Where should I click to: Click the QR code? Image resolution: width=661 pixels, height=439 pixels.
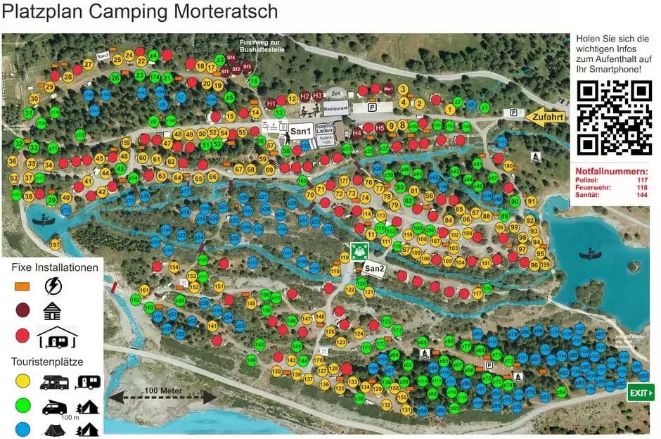(x=614, y=118)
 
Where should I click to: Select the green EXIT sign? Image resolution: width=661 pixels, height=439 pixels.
(x=640, y=393)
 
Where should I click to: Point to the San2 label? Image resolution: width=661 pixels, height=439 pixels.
(x=373, y=269)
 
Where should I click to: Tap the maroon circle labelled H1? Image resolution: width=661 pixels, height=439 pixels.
(x=271, y=103)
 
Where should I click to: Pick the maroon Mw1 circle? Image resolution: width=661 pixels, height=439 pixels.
(x=387, y=89)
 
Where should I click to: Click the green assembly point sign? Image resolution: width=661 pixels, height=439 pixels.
(x=360, y=250)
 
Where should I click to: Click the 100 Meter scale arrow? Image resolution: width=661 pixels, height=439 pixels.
(x=161, y=396)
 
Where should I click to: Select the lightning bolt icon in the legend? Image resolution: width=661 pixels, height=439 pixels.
(x=53, y=286)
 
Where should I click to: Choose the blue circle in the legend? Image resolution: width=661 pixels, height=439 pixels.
(x=23, y=428)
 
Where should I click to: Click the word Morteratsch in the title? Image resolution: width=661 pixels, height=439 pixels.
(x=219, y=12)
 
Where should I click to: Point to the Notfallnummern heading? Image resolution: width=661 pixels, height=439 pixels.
(x=611, y=171)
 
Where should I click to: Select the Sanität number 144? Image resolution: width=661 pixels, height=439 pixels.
(x=641, y=195)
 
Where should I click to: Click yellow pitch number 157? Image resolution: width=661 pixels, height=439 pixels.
(x=56, y=245)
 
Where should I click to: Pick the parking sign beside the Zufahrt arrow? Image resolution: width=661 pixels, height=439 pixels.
(x=514, y=113)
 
